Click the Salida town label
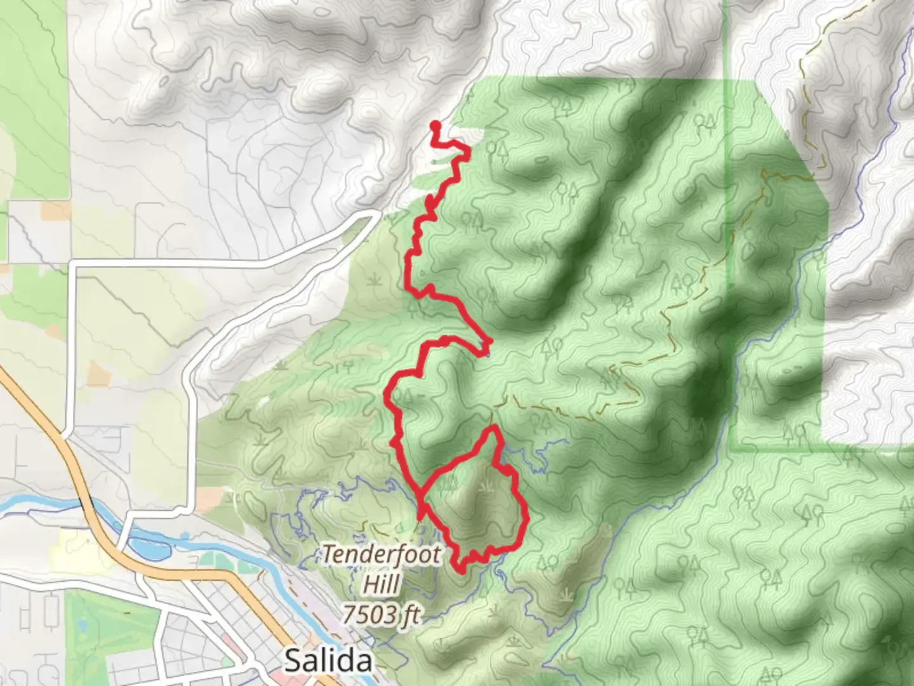(328, 661)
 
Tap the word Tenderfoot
(381, 555)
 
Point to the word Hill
(381, 584)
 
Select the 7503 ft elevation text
(381, 614)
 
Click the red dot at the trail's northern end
(435, 125)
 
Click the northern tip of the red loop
(492, 430)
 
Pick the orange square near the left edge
(55, 210)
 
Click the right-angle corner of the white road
(75, 264)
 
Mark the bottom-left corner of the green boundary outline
(732, 449)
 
